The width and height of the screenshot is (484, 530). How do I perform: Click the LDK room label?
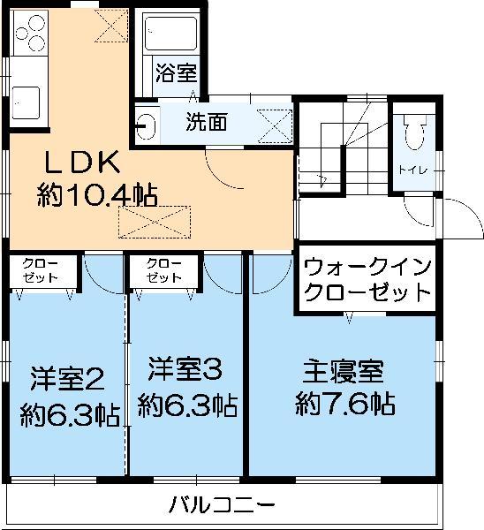(x=83, y=163)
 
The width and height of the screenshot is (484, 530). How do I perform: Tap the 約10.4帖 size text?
(x=97, y=195)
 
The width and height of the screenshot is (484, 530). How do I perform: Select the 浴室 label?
(x=177, y=72)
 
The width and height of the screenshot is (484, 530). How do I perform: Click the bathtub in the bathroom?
(x=171, y=34)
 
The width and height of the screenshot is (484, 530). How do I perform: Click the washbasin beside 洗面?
(x=146, y=126)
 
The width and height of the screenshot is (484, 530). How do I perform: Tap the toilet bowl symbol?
(x=415, y=132)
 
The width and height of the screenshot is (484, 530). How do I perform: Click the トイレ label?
(x=413, y=170)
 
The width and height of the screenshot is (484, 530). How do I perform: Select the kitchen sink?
(x=26, y=102)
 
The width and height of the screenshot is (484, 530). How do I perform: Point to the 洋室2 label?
(x=67, y=379)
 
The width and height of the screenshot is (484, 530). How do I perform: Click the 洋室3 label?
(x=185, y=368)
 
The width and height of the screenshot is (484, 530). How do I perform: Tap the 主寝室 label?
(x=343, y=372)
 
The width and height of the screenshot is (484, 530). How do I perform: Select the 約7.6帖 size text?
(x=345, y=404)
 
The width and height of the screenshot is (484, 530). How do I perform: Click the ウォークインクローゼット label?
(x=367, y=279)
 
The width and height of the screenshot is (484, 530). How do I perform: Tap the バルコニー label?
(x=222, y=505)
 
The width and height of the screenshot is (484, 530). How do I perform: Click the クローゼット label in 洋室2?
(x=41, y=271)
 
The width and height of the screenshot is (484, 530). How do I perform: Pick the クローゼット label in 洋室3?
(x=164, y=271)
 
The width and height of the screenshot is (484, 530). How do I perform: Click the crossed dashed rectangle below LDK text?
(x=155, y=222)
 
